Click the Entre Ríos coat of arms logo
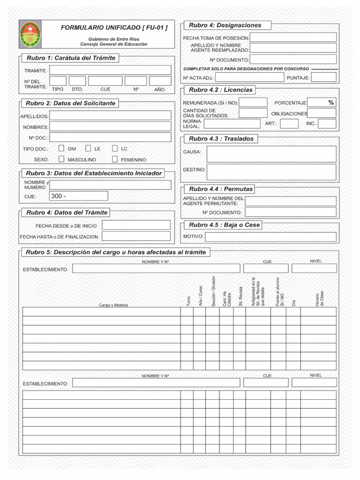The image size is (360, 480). tap(30, 34)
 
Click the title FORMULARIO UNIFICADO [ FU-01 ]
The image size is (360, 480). tap(114, 28)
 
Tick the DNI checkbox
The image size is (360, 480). tap(61, 148)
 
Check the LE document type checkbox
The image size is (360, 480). tap(88, 148)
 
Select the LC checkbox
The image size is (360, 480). tap(115, 148)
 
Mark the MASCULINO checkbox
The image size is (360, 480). tap(61, 159)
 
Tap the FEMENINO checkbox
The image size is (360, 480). tap(115, 159)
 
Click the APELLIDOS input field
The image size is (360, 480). tap(110, 115)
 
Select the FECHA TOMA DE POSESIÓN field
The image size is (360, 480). tap(293, 37)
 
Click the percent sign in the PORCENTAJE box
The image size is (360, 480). tap(331, 103)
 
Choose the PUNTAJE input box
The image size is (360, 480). tap(324, 77)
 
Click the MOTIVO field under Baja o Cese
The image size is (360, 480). tap(270, 237)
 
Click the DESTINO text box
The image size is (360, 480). tap(271, 172)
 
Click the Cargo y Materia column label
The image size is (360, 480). tap(113, 305)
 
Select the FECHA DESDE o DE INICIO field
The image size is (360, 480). tap(136, 225)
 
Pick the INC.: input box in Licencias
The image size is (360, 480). tap(327, 124)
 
